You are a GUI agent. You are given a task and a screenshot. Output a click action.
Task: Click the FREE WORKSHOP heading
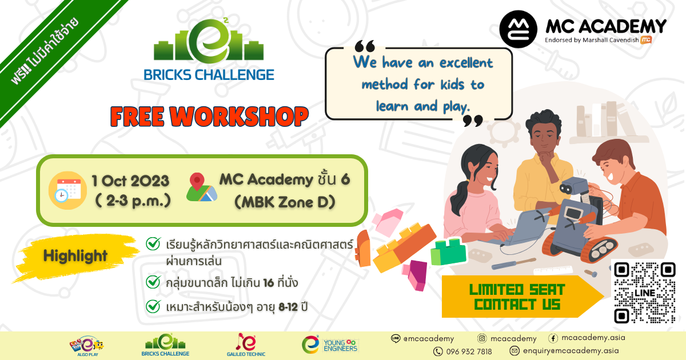209,117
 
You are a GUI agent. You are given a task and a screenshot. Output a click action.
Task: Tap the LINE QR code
645,293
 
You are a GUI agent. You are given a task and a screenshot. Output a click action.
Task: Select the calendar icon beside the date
67,190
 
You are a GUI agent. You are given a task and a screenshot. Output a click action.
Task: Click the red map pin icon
197,181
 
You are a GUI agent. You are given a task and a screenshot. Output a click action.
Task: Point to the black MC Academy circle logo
518,29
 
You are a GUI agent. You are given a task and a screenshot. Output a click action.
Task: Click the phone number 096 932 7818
469,351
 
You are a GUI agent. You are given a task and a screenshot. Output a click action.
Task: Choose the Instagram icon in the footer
482,338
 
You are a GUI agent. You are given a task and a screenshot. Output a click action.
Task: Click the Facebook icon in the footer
553,338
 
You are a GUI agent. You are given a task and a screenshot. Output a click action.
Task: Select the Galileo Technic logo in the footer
246,345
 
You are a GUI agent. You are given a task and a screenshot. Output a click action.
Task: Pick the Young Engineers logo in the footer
329,345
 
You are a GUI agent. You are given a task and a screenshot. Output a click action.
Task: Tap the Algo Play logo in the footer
87,346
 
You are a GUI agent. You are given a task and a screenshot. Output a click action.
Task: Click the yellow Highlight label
75,256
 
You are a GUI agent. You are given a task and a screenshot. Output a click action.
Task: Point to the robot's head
573,185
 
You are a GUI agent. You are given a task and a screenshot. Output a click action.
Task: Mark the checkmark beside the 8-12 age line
153,306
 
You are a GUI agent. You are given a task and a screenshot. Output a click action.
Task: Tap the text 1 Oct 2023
130,181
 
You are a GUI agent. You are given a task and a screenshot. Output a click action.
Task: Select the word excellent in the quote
466,63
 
